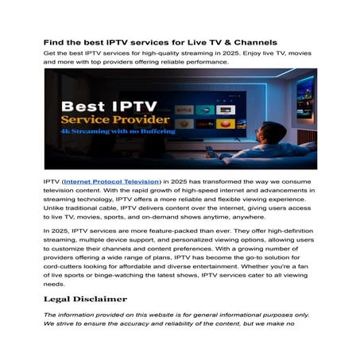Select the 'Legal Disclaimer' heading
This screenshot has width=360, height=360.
coord(85,299)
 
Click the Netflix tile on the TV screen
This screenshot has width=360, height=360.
coord(184,109)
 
